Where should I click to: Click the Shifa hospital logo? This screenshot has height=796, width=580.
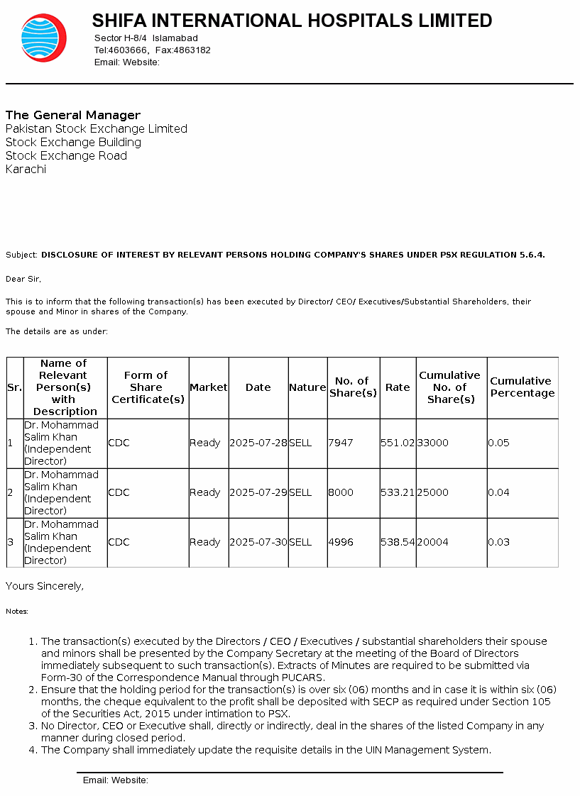click(43, 38)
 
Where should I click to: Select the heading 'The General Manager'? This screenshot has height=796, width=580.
click(73, 115)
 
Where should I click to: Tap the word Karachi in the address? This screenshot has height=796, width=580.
click(26, 170)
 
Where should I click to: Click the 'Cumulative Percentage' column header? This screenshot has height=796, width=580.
click(522, 387)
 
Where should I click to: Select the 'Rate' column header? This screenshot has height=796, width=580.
click(398, 387)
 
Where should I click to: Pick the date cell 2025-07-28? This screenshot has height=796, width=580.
click(258, 443)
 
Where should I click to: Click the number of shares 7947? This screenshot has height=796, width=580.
click(340, 443)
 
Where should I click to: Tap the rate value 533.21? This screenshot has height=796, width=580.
click(398, 492)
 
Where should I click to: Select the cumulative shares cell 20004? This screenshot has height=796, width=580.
click(432, 542)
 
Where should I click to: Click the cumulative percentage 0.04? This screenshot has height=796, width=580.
click(498, 492)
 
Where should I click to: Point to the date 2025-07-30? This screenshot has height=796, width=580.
click(258, 542)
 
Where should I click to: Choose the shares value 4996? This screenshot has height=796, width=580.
click(340, 542)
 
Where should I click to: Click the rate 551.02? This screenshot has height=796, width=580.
click(398, 443)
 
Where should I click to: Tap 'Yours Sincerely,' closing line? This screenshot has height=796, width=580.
click(45, 586)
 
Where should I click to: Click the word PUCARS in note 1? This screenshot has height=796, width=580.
click(304, 678)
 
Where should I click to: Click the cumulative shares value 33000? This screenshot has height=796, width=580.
click(432, 443)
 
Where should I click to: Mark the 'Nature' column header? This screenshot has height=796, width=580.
click(307, 387)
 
